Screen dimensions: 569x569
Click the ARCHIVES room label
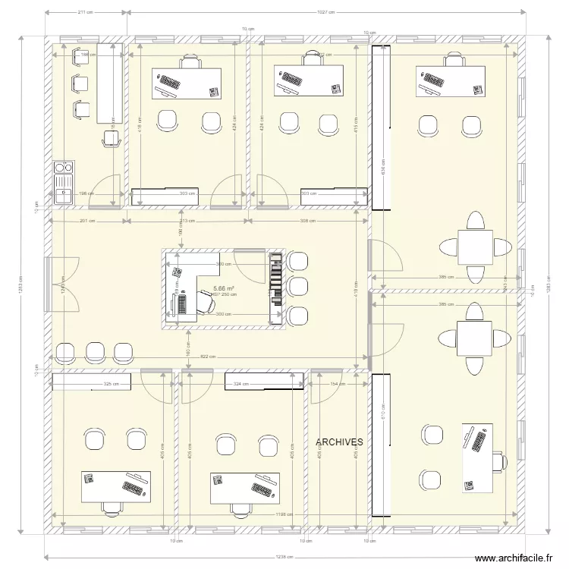pos(339,441)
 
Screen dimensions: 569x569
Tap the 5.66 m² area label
pos(223,288)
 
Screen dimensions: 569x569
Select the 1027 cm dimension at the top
pos(326,13)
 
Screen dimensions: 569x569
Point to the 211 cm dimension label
pos(85,13)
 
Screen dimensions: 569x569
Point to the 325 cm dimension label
pos(111,385)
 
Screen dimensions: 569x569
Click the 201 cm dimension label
pos(86,221)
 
